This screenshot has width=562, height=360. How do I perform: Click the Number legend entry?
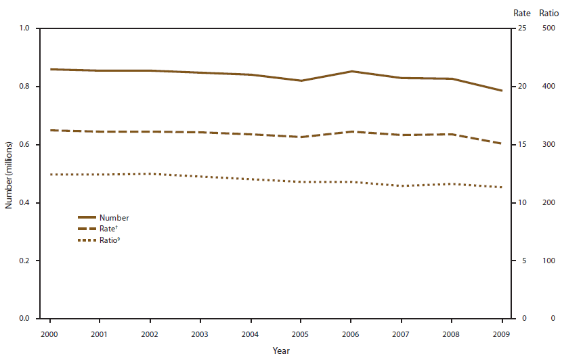pos(113,218)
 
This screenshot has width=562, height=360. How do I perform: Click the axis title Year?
pos(281,351)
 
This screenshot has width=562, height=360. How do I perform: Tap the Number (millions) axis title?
pos(9,174)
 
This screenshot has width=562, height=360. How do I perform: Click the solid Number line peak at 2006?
pos(351,71)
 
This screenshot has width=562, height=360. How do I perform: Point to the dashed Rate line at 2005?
pos(301,137)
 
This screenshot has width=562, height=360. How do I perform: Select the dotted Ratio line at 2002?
pos(150,174)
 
